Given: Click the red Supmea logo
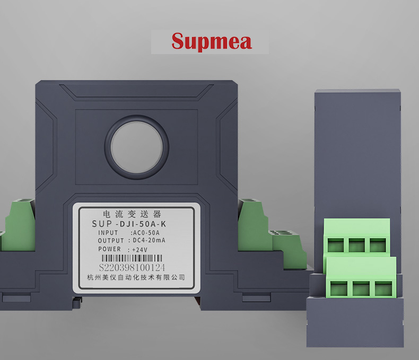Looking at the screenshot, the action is [x=212, y=41].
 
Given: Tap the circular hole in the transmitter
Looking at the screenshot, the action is [x=136, y=147].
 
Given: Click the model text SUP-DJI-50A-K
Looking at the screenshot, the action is [x=129, y=224].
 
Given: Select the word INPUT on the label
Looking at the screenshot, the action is [x=108, y=233].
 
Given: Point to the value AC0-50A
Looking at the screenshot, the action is [x=145, y=233].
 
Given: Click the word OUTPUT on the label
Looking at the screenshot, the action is [x=111, y=241].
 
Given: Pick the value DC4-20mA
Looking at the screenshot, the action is [x=149, y=240].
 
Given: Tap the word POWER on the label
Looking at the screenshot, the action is [x=110, y=249].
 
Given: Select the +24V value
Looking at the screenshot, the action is [x=139, y=250].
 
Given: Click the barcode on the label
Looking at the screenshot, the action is [x=132, y=258].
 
